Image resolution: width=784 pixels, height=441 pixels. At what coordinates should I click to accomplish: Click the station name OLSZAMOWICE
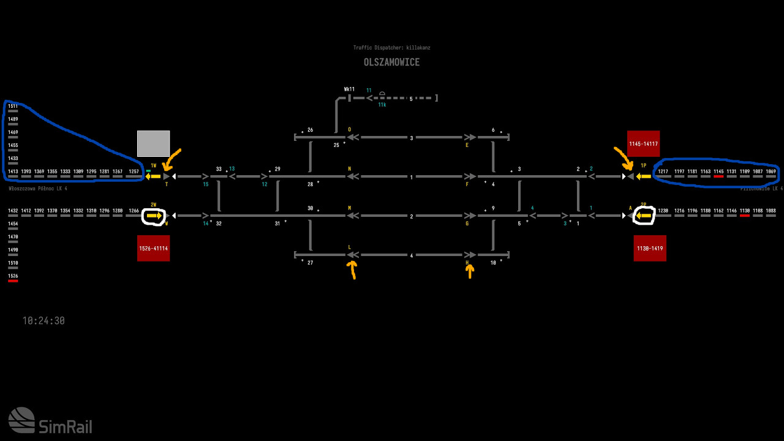pyautogui.click(x=391, y=62)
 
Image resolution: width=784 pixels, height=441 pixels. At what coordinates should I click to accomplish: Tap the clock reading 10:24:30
pyautogui.click(x=43, y=321)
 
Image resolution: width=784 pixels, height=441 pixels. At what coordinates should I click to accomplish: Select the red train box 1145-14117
pyautogui.click(x=643, y=143)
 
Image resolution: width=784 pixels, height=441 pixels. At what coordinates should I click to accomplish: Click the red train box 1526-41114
pyautogui.click(x=153, y=248)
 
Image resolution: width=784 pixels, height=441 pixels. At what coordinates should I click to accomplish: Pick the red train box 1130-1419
pyautogui.click(x=650, y=248)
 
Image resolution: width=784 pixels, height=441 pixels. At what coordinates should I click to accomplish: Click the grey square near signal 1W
pyautogui.click(x=153, y=143)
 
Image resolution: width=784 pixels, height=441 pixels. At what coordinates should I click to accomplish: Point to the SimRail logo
pyautogui.click(x=50, y=421)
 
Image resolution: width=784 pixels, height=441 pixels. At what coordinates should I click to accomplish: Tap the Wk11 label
pyautogui.click(x=349, y=89)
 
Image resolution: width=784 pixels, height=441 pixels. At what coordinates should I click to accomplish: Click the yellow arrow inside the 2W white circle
pyautogui.click(x=154, y=216)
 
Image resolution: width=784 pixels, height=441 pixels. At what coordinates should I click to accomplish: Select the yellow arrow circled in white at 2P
pyautogui.click(x=644, y=216)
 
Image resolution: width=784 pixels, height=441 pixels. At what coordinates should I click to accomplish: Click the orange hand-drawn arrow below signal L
pyautogui.click(x=352, y=269)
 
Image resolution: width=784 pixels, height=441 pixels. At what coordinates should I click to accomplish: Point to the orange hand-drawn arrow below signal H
pyautogui.click(x=470, y=270)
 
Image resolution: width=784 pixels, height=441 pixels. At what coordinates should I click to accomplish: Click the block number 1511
pyautogui.click(x=13, y=106)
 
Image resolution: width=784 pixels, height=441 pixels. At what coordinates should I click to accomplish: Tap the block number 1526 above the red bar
pyautogui.click(x=13, y=276)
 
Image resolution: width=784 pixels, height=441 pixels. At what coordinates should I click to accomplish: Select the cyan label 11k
pyautogui.click(x=382, y=105)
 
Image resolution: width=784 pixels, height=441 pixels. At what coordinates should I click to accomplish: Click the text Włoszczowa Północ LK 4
pyautogui.click(x=38, y=189)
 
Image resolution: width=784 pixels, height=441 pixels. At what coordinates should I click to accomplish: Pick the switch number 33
pyautogui.click(x=219, y=169)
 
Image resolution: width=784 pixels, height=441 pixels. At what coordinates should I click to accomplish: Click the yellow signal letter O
pyautogui.click(x=350, y=130)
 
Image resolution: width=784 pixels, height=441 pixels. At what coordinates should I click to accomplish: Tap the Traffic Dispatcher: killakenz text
pyautogui.click(x=396, y=48)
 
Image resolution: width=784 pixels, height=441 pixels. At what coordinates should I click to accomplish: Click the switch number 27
pyautogui.click(x=310, y=263)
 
